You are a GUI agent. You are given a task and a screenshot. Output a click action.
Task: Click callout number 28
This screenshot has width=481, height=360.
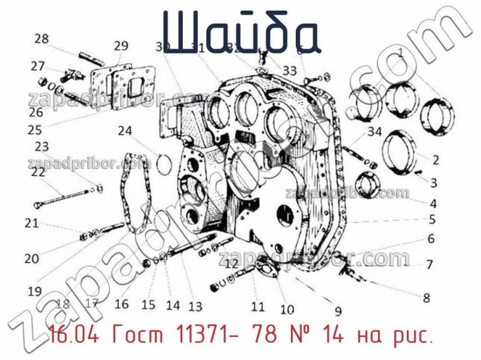click(41, 39)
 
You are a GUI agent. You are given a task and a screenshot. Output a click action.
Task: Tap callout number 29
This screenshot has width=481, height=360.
click(121, 46)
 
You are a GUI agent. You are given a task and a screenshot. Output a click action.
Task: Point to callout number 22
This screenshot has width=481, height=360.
click(38, 172)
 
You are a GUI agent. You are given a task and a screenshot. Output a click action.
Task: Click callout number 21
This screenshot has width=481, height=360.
click(31, 224)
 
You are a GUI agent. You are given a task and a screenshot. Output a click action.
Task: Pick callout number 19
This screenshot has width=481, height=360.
click(34, 291)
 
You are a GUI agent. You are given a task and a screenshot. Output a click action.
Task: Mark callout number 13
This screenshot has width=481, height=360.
click(195, 307)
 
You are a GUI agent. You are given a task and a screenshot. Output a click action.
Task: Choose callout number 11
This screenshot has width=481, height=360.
click(257, 307)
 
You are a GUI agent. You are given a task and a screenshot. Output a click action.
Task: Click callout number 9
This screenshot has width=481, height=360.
click(338, 311)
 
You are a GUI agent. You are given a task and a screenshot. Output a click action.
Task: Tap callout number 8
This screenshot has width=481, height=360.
click(426, 297)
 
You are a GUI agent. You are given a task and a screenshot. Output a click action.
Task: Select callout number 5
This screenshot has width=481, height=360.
click(432, 219)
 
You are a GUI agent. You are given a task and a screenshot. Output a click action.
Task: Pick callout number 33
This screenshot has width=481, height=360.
click(290, 71)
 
